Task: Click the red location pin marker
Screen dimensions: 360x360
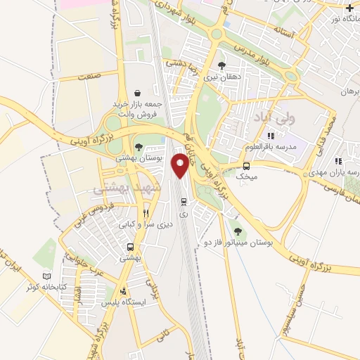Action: [x=181, y=164]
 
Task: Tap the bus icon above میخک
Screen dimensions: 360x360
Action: [x=246, y=166]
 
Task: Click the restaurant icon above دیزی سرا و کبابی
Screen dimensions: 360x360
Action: [x=146, y=212]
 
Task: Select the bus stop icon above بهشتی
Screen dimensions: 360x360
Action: [x=131, y=247]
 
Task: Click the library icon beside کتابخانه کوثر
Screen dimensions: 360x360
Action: [x=47, y=278]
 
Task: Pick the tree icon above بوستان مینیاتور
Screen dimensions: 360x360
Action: [x=237, y=230]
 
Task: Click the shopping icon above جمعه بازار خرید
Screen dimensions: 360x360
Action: [x=136, y=92]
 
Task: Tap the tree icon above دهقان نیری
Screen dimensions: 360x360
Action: [x=222, y=66]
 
